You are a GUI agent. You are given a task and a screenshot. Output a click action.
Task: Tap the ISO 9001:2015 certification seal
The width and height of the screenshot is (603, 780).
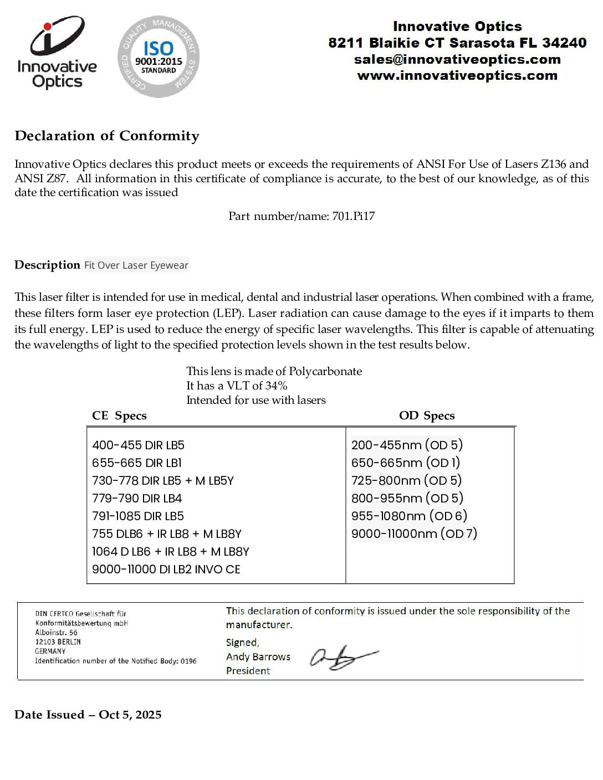(159, 57)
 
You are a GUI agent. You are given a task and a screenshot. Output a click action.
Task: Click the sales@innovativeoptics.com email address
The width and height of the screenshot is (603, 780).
(457, 59)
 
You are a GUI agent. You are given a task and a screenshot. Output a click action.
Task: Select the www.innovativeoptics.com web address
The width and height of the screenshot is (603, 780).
(457, 75)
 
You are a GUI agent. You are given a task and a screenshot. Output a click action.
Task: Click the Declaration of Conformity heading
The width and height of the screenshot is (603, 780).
(107, 136)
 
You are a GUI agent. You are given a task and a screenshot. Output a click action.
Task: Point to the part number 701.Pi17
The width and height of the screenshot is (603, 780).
(354, 216)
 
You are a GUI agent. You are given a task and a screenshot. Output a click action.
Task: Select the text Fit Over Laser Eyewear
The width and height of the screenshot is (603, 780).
(136, 265)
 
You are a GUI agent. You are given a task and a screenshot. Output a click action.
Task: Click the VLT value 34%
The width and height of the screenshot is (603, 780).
(276, 386)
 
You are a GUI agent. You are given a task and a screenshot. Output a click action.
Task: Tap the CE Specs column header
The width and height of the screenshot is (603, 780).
(119, 415)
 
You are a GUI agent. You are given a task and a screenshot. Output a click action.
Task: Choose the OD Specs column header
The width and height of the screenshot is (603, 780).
(427, 415)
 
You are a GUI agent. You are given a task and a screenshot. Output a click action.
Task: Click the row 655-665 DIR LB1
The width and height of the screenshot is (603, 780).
(137, 463)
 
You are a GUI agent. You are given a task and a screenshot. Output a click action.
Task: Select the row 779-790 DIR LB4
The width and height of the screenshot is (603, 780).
(137, 498)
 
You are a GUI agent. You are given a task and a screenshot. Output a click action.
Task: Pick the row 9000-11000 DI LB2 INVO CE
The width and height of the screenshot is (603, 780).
(166, 569)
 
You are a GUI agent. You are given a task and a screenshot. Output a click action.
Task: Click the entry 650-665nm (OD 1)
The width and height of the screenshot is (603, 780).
(406, 463)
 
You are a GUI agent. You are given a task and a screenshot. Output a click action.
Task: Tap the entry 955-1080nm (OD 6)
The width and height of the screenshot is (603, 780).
(409, 516)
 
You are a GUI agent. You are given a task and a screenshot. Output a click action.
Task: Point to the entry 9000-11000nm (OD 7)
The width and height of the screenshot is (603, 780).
(414, 533)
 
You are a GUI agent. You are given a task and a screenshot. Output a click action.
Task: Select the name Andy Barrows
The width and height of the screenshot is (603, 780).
(258, 656)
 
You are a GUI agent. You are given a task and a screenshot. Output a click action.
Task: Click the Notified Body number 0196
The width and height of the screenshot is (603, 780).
(188, 661)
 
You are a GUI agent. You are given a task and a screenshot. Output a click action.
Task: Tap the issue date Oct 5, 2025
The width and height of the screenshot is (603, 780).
(130, 715)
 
